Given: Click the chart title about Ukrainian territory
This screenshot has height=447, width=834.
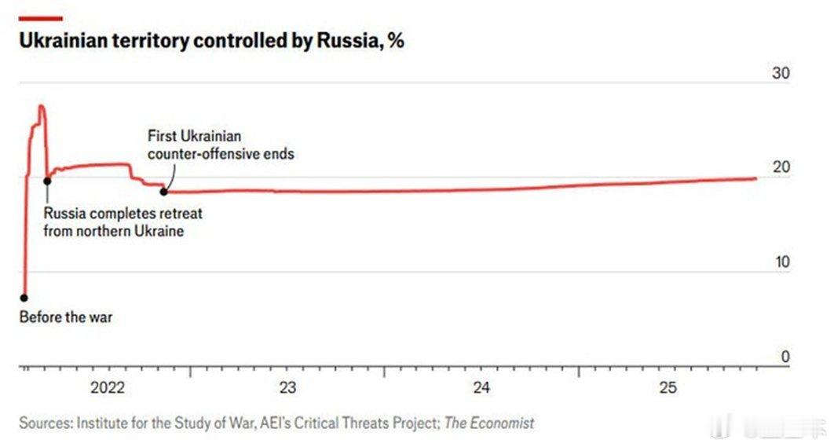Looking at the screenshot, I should (211, 42).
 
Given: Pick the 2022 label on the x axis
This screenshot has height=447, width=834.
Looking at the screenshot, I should (108, 387).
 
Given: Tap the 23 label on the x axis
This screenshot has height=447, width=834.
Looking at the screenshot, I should (287, 387).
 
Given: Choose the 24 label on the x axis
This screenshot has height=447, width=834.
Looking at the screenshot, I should (481, 387).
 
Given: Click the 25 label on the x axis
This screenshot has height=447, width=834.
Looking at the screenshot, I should (668, 387).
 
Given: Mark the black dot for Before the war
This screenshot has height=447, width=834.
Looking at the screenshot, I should (24, 298).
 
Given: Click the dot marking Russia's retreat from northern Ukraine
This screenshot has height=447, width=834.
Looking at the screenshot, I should (47, 181).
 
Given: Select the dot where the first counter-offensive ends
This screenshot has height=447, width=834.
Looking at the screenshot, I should (163, 191).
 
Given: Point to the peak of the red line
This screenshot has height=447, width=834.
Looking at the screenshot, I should (41, 106).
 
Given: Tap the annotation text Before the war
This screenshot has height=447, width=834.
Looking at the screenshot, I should (66, 317).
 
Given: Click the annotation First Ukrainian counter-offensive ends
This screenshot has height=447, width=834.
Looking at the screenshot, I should (221, 145).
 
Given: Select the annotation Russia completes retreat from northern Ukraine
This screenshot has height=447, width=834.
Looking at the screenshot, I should (123, 222).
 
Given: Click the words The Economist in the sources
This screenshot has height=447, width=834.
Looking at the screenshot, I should (489, 423).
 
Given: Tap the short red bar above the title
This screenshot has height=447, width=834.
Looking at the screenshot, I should (41, 18).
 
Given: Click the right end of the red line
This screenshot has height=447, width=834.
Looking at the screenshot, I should (755, 178).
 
